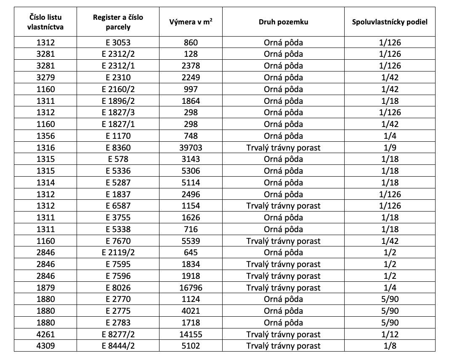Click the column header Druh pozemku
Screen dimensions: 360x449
pos(283,22)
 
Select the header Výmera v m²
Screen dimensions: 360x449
pos(191,22)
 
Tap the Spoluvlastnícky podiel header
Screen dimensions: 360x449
pos(390,22)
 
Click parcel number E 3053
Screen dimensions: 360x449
pos(118,42)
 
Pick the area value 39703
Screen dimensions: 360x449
pos(191,148)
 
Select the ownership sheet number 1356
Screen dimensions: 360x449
pos(45,136)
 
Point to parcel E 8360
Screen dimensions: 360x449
pos(118,148)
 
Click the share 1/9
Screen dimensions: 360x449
pos(390,148)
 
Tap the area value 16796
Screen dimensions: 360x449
pos(191,288)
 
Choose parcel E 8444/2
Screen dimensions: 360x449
pos(118,346)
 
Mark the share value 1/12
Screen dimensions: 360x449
pos(390,334)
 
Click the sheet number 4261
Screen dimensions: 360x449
pos(45,334)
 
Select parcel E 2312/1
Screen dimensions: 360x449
pos(118,66)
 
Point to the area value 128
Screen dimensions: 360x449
pos(191,54)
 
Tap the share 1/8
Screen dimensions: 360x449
pos(390,346)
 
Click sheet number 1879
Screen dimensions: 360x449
pos(45,288)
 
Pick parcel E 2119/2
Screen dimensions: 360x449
pos(118,253)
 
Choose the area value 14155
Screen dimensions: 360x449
pos(191,334)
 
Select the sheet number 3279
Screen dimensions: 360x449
pos(45,77)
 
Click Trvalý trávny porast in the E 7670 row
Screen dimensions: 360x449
pos(283,241)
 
